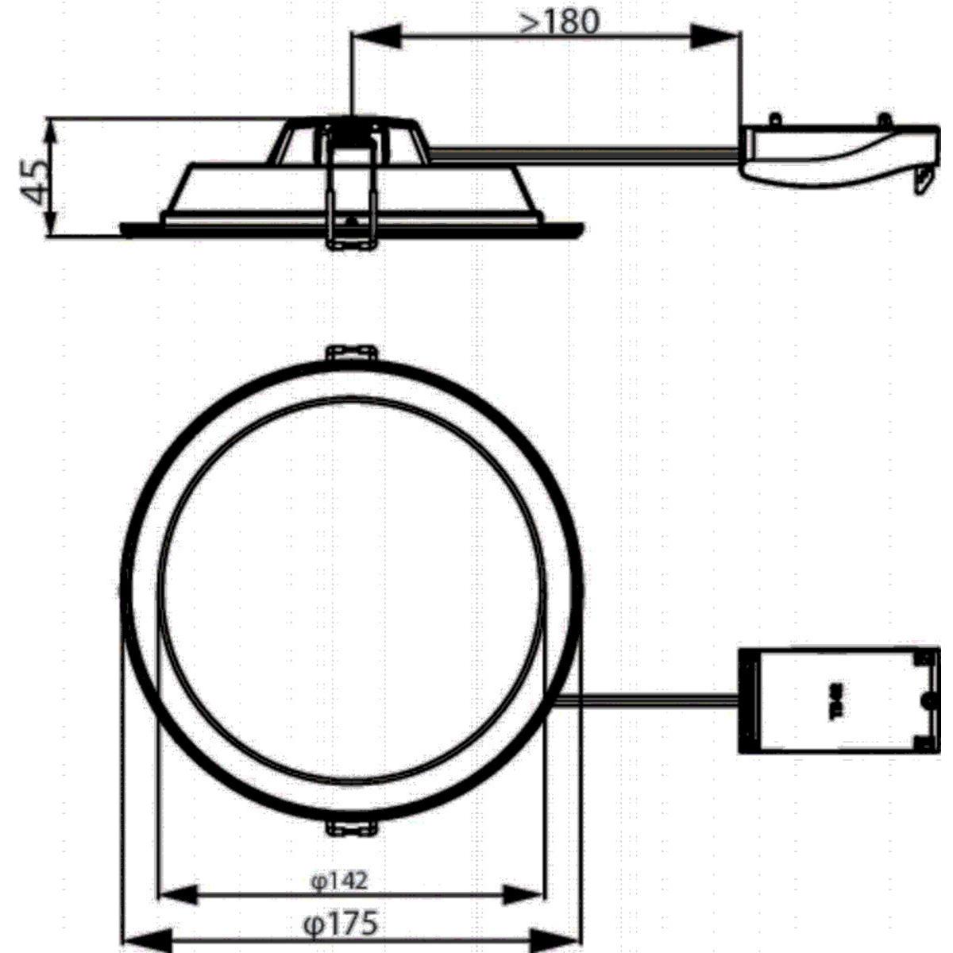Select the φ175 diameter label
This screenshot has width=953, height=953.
[341, 923]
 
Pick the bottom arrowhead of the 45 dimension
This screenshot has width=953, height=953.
[52, 221]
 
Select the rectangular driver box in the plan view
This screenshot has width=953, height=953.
[838, 701]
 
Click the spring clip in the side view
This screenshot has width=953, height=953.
[350, 191]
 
